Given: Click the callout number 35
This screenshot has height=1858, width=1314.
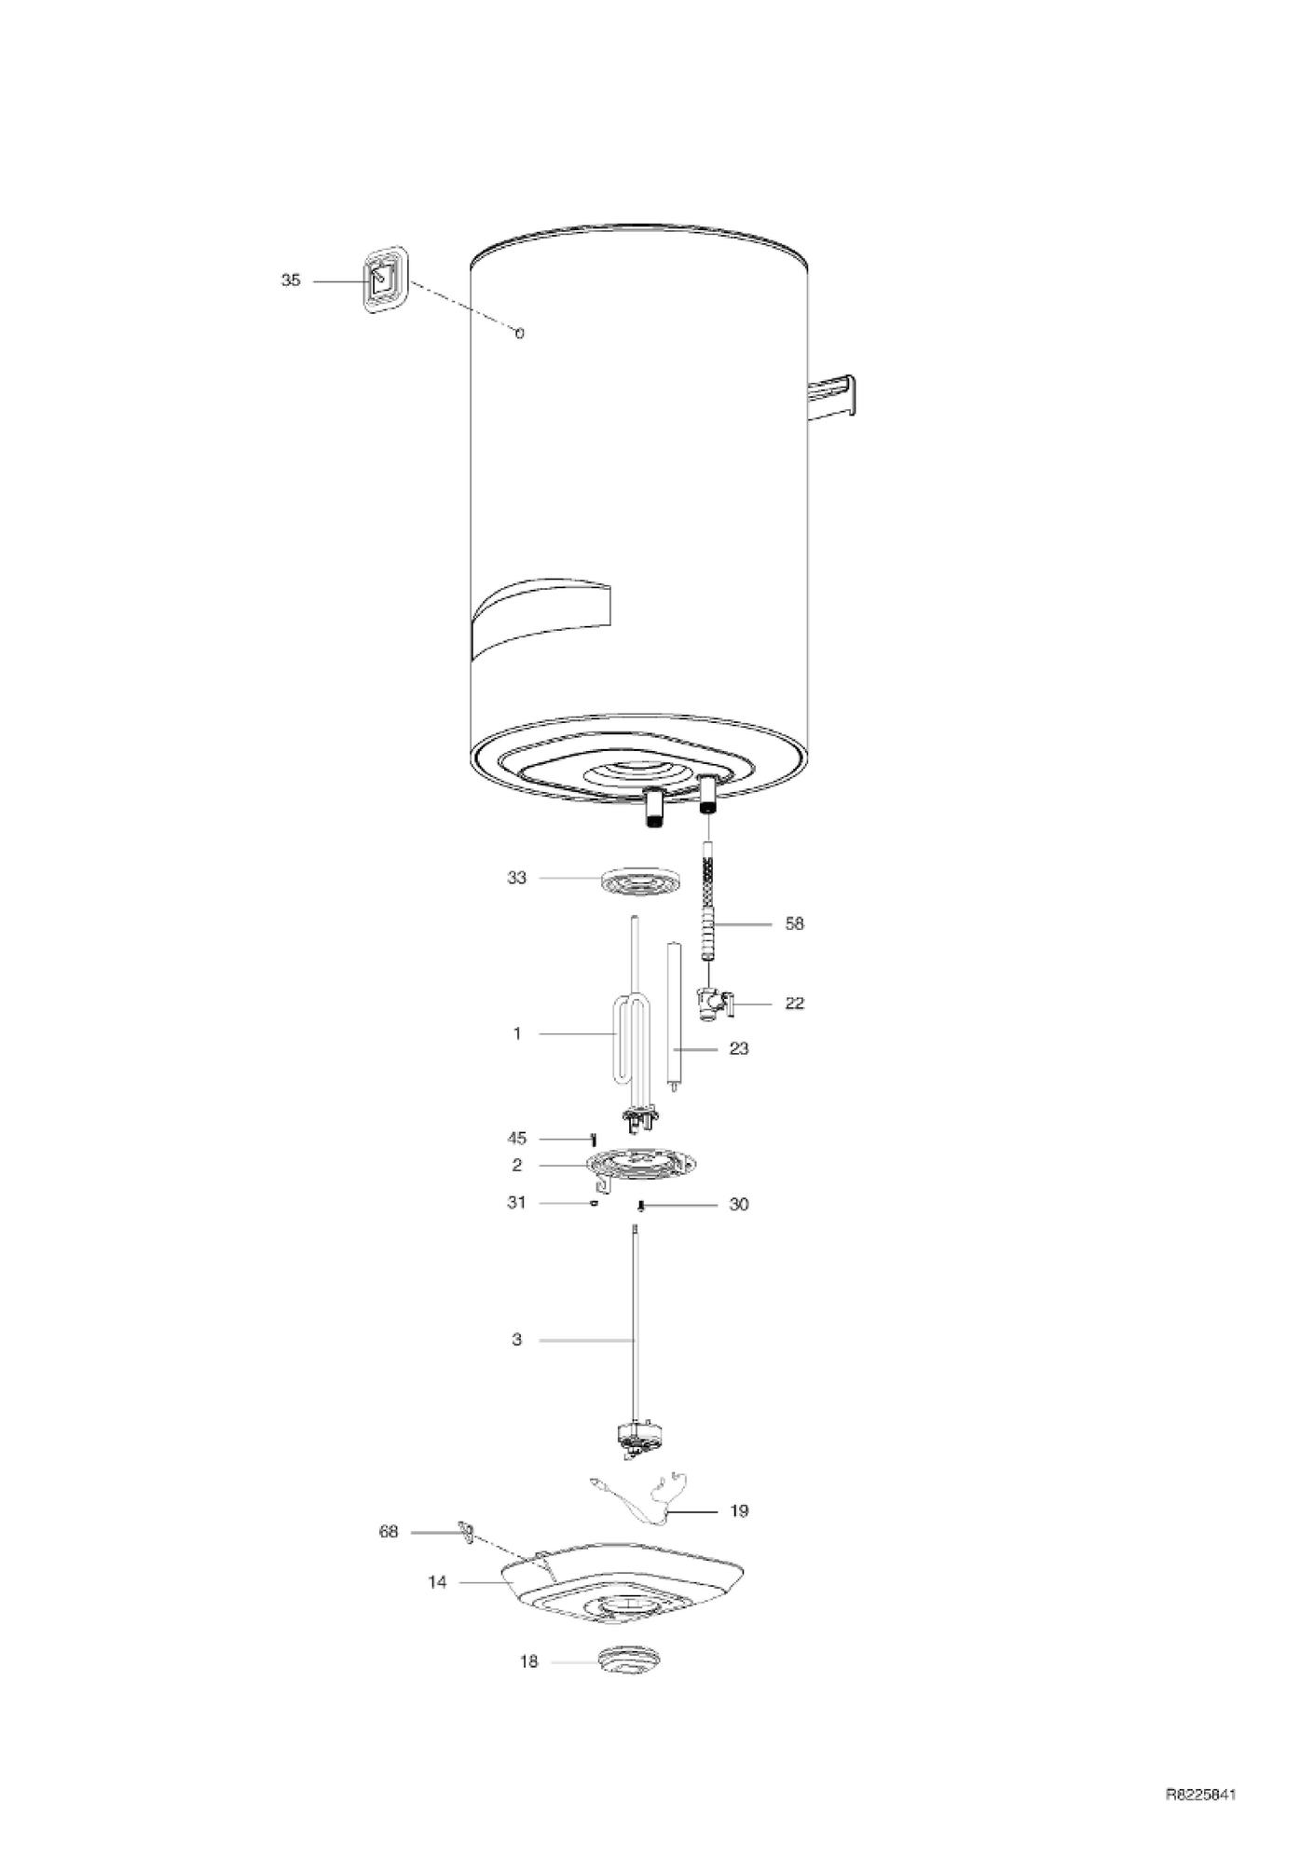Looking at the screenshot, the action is tap(291, 280).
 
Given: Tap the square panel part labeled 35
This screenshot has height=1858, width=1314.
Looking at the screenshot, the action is tap(385, 280).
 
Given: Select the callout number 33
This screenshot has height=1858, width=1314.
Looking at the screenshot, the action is tap(516, 878).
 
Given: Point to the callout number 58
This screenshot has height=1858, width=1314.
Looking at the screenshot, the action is tap(794, 924).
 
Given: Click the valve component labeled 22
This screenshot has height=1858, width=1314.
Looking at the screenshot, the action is tap(716, 1004).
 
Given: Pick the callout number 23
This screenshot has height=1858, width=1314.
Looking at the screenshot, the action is tap(738, 1049).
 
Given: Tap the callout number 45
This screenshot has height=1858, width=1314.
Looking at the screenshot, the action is tap(516, 1139).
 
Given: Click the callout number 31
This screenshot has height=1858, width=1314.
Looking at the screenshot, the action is tap(516, 1203).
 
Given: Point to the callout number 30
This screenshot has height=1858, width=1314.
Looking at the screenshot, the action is tap(738, 1205).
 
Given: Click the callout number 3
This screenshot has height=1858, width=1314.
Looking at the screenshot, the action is tap(516, 1340).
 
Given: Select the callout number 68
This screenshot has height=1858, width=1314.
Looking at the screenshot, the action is tap(389, 1532).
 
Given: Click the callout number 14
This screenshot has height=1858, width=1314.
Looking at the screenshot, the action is tap(437, 1582).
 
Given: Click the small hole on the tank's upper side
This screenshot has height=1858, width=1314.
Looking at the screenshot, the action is tap(519, 333).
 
